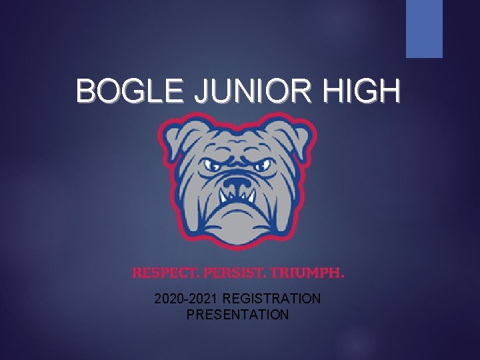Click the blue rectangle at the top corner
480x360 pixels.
(x=425, y=29)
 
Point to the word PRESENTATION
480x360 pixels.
(x=237, y=314)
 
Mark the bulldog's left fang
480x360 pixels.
(x=223, y=196)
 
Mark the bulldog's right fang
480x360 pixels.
(x=253, y=197)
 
